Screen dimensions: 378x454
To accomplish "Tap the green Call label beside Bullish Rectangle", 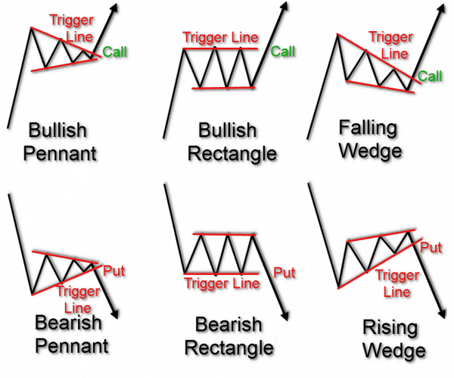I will pyautogui.click(x=283, y=52).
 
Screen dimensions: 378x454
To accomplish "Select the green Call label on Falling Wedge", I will pyautogui.click(x=431, y=76).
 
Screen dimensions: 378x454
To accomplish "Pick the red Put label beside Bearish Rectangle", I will pyautogui.click(x=285, y=273).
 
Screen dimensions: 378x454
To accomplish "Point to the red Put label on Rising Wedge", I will pyautogui.click(x=431, y=247).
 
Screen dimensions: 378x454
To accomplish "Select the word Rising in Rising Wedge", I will pyautogui.click(x=371, y=329).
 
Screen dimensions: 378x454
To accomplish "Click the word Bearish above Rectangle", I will pyautogui.click(x=229, y=326).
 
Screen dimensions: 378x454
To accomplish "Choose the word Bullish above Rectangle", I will pyautogui.click(x=229, y=130).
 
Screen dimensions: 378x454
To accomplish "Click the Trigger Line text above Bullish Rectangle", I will pyautogui.click(x=221, y=36).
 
